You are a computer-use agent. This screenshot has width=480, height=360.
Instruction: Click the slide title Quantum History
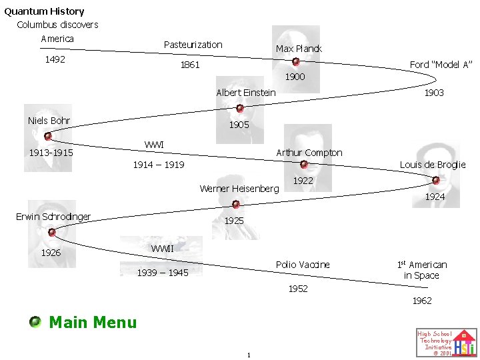(x=44, y=11)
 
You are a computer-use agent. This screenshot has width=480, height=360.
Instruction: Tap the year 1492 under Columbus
(x=55, y=59)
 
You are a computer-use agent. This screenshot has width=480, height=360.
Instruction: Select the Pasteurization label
(x=193, y=45)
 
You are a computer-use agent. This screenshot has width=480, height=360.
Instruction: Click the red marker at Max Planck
(x=296, y=61)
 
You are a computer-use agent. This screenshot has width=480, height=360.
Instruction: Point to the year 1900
(x=295, y=77)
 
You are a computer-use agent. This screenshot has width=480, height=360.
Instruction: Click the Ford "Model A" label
(x=441, y=65)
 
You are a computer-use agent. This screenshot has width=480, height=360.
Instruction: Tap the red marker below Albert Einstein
(x=240, y=108)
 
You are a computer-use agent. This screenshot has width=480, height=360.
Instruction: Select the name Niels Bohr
(x=49, y=121)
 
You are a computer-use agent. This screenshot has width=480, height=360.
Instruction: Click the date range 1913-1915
(x=51, y=153)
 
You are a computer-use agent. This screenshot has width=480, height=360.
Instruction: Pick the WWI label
(x=154, y=145)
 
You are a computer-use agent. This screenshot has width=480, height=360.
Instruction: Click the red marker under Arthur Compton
(x=304, y=164)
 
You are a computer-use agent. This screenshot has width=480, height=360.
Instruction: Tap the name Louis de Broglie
(x=433, y=165)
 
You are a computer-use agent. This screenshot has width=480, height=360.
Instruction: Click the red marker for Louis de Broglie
(x=436, y=180)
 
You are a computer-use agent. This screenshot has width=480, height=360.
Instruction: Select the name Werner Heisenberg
(x=239, y=189)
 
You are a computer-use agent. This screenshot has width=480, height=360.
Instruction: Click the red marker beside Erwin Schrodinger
(x=51, y=232)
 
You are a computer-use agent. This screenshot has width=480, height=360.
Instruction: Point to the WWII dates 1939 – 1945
(x=163, y=273)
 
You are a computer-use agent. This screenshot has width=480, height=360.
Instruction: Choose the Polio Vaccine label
(x=303, y=265)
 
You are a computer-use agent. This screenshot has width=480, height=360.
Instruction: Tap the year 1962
(x=422, y=301)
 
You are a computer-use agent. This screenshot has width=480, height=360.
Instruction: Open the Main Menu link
(x=93, y=323)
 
